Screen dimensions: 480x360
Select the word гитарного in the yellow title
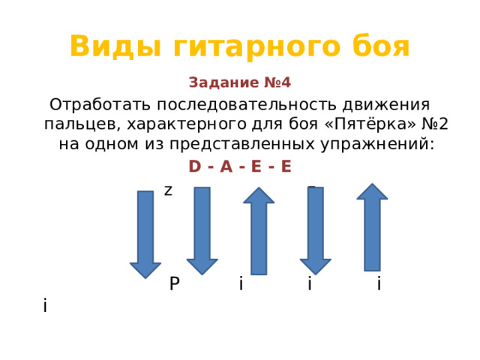(256, 46)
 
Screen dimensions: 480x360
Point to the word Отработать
(100, 105)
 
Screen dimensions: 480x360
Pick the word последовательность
(247, 105)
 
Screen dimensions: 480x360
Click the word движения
(386, 105)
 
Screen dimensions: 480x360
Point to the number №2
(435, 124)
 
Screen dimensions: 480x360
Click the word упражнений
(378, 145)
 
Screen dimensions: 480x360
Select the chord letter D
(195, 166)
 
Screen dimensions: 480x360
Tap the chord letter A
(226, 166)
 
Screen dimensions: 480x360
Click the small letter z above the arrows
(168, 190)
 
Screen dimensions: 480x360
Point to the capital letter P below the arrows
(175, 283)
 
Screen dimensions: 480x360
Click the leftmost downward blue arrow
(145, 235)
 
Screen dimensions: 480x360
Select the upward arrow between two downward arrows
(259, 231)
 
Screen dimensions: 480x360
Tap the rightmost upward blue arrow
(372, 227)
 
